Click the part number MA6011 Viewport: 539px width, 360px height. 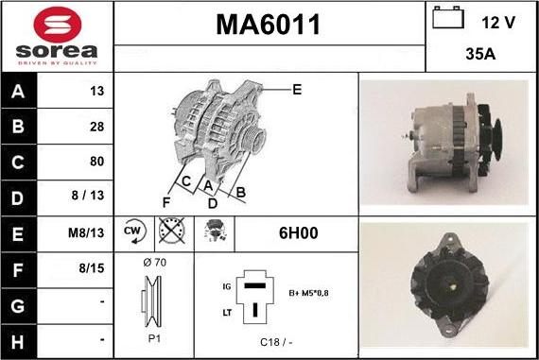269,25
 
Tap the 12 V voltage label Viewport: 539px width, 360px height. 498,23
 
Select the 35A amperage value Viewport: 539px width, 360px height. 480,54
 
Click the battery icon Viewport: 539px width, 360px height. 448,17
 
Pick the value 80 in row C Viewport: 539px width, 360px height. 97,162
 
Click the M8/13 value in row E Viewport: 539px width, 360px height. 86,232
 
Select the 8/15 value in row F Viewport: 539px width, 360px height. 92,268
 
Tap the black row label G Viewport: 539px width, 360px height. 18,306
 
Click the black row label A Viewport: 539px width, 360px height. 18,92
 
